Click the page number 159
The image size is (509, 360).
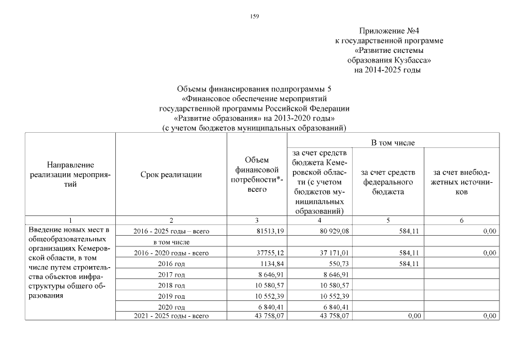coord(254,16)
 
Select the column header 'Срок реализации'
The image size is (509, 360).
coord(171,175)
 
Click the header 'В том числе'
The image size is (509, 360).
coord(393,143)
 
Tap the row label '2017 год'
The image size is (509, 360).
coord(172,274)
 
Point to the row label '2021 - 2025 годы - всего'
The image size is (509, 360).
coord(172,316)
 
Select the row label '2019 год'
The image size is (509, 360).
coord(172,296)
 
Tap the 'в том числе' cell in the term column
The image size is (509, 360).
coord(172,242)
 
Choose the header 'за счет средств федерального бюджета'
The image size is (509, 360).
coord(389,182)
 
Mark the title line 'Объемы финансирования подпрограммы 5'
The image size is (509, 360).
coord(254,88)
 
